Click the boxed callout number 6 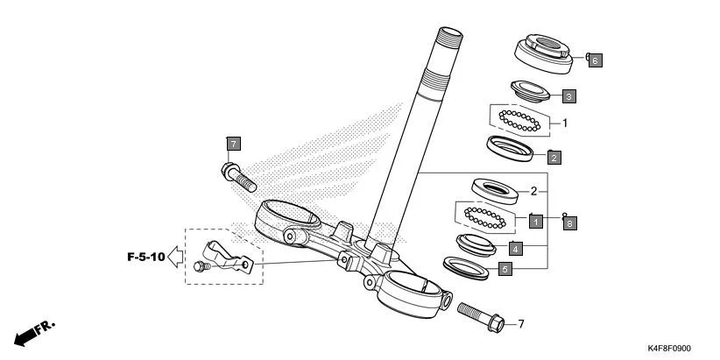pos(595,60)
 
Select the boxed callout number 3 pos(568,95)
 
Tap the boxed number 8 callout pos(568,223)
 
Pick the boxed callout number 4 pos(517,248)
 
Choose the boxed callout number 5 pos(505,270)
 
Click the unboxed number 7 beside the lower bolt pos(520,324)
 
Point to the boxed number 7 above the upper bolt pos(232,143)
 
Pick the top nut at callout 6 pos(542,52)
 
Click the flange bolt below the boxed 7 pos(237,176)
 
